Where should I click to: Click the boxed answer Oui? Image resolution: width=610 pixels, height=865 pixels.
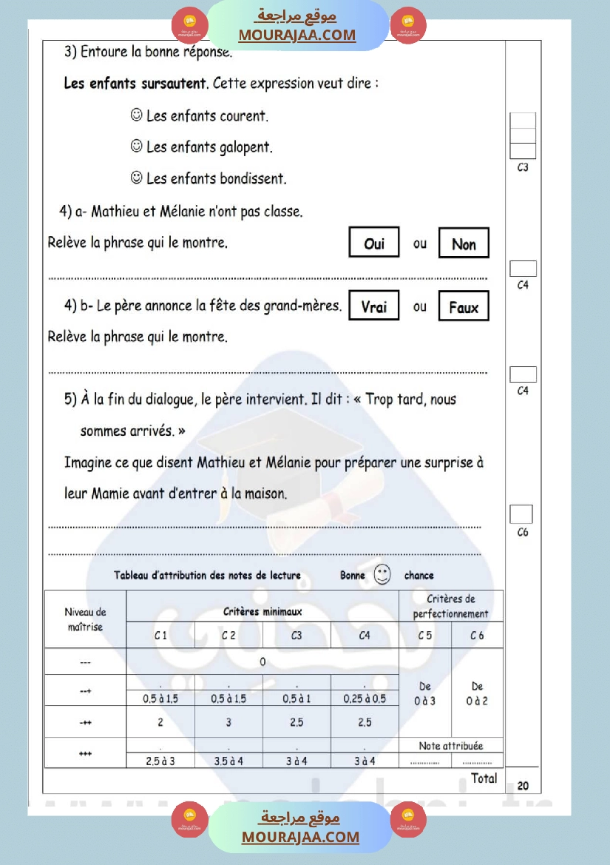tap(374, 243)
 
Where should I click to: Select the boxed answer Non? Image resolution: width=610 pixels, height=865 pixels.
tap(464, 243)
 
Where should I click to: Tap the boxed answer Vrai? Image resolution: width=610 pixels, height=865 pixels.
tap(374, 306)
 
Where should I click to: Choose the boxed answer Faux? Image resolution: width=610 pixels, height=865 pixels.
tap(464, 307)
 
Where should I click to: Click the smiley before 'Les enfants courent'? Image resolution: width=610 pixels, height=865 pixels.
tap(136, 115)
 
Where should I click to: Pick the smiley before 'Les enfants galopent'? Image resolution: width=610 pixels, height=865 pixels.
tap(136, 147)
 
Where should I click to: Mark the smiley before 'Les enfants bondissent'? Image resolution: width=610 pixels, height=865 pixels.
tap(136, 178)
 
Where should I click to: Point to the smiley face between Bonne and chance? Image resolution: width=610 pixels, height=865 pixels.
tap(382, 575)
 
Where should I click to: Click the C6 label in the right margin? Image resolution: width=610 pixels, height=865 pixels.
tap(523, 533)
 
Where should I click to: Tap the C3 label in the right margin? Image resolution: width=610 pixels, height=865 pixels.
tap(523, 168)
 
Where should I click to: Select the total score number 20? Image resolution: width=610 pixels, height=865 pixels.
tap(523, 786)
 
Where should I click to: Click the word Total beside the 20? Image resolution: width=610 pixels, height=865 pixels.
tap(484, 778)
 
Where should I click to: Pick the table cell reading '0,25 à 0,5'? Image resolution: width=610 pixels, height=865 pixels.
tap(365, 699)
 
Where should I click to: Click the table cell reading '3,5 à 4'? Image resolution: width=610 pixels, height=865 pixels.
tap(228, 761)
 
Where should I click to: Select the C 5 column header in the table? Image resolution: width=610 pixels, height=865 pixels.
tap(425, 636)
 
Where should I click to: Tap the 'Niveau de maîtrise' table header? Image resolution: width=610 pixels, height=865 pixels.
tap(85, 619)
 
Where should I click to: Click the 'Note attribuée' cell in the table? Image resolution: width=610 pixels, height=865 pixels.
tap(451, 746)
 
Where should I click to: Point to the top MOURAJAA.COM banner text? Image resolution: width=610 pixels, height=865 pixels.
tap(297, 35)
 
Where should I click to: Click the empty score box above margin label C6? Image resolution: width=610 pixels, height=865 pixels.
tap(521, 514)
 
